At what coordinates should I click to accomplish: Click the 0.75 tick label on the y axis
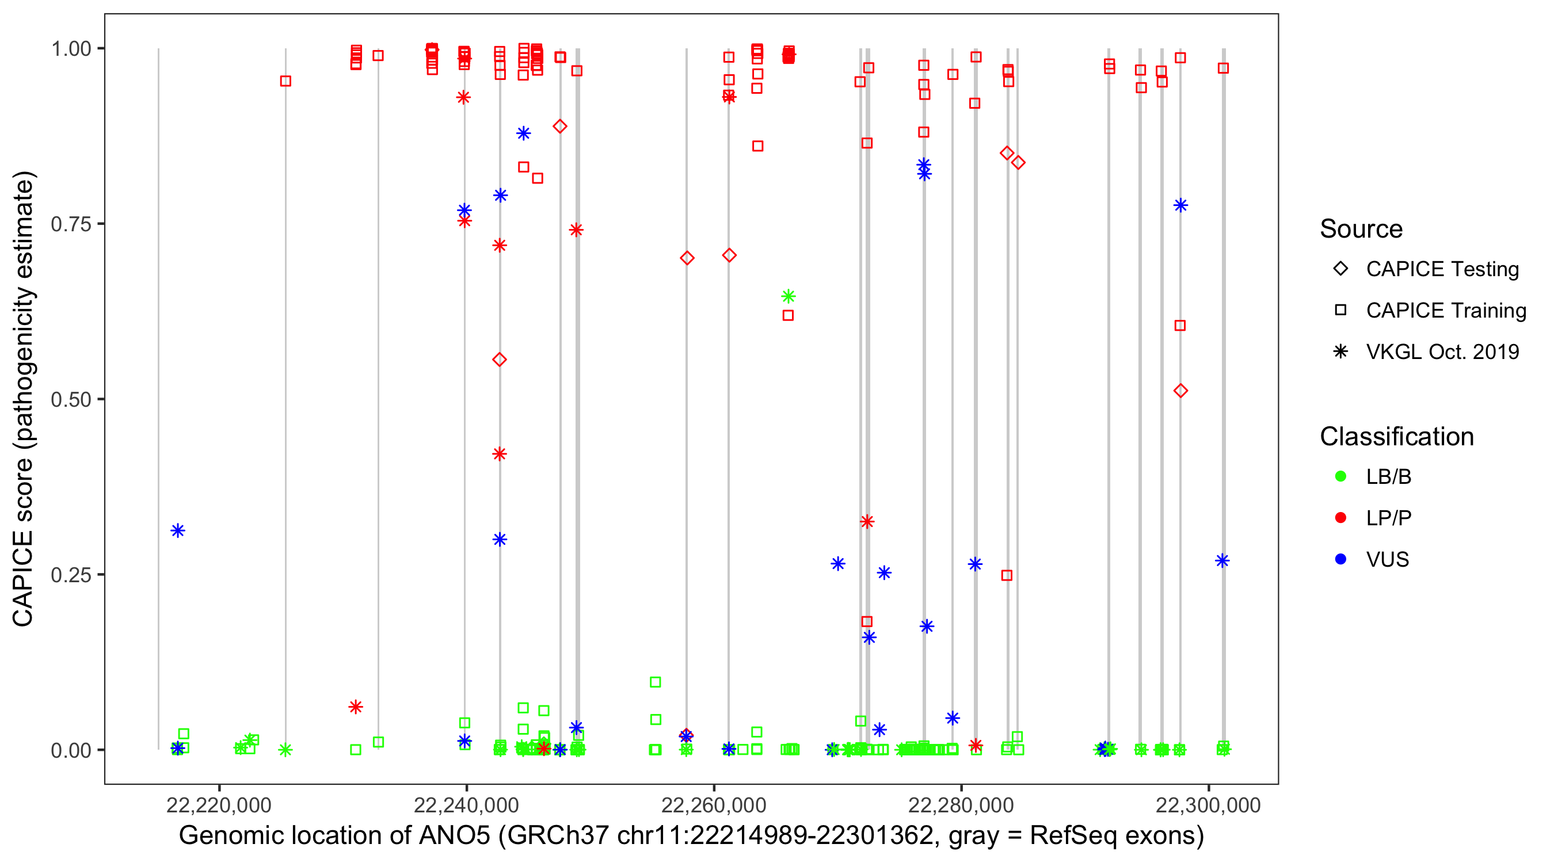[x=70, y=224]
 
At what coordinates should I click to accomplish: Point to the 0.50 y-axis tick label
[x=70, y=399]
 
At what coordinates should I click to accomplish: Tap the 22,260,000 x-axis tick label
[x=713, y=805]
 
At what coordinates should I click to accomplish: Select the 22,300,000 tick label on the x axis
[x=1208, y=805]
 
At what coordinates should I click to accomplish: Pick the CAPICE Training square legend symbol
[x=1340, y=311]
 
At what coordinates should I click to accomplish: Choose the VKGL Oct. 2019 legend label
[x=1442, y=352]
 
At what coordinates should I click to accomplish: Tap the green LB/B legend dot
[x=1340, y=477]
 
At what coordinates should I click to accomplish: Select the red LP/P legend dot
[x=1340, y=518]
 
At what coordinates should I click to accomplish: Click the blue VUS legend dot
[x=1340, y=560]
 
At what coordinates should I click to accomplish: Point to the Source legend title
[x=1361, y=229]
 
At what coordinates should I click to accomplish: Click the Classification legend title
[x=1396, y=437]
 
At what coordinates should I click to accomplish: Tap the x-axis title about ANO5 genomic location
[x=691, y=836]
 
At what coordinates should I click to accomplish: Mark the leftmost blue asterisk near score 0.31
[x=177, y=530]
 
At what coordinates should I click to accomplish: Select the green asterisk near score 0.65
[x=789, y=296]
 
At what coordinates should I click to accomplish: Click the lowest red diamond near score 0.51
[x=1180, y=391]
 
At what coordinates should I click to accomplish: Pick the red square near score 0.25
[x=1006, y=575]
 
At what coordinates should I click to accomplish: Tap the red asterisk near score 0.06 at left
[x=355, y=707]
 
